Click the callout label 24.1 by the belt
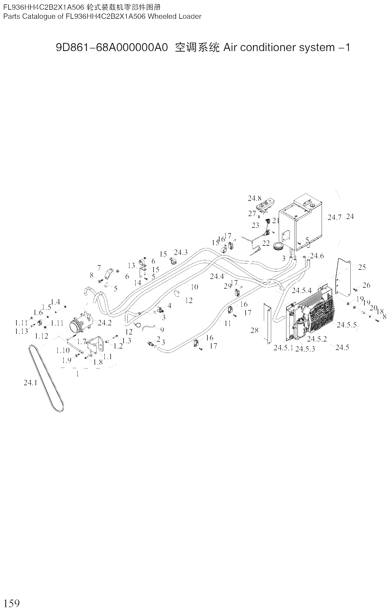(30, 383)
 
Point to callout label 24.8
(254, 198)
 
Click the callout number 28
(254, 330)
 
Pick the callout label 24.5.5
(347, 325)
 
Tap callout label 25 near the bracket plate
(362, 267)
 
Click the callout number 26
(366, 285)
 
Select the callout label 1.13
(21, 331)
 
